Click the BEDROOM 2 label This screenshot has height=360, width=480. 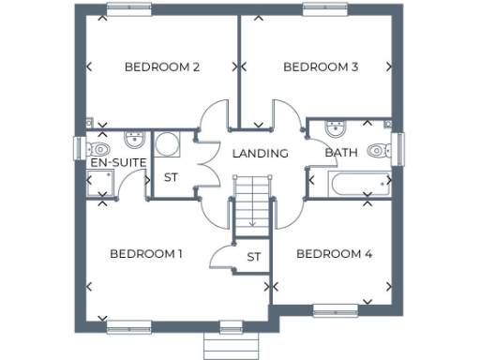point(162,67)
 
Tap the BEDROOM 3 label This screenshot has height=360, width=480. point(321,67)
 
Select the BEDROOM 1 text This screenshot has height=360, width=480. point(145,254)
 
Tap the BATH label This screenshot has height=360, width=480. point(341,153)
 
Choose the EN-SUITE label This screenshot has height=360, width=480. point(117,163)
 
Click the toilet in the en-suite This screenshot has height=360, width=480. point(99,148)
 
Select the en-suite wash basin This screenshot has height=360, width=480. point(134,141)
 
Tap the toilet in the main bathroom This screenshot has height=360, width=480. point(378,149)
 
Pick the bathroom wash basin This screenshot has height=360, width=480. point(336,128)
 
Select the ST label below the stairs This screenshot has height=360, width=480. point(253,256)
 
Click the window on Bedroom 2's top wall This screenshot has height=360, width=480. point(129,8)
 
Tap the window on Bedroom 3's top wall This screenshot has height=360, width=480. point(326,8)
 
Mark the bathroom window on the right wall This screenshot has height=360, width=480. point(397,149)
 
